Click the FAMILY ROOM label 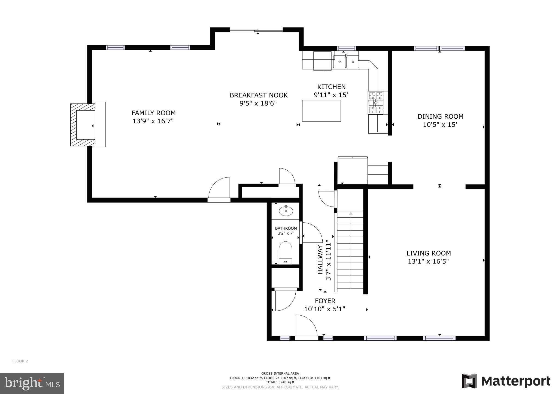153,113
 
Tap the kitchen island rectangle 321,110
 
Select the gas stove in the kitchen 376,103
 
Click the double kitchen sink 346,62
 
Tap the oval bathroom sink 286,211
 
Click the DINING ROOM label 440,116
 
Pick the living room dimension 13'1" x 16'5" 428,261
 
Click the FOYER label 325,301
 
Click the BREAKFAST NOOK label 259,95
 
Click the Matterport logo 506,381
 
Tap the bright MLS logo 32,383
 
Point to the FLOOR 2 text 20,361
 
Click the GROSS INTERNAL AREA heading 280,373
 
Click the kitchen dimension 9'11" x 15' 331,95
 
